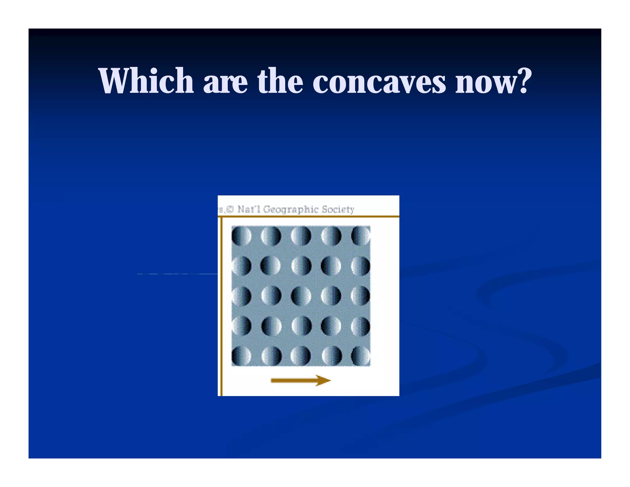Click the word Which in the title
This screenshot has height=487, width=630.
[x=146, y=81]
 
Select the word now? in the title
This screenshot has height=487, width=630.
[x=493, y=81]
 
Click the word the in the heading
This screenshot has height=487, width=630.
[x=280, y=81]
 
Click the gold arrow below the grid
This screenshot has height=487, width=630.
[x=301, y=380]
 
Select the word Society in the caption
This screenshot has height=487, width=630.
[x=338, y=210]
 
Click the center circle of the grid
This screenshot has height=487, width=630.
[x=301, y=296]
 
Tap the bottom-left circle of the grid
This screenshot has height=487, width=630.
[x=241, y=356]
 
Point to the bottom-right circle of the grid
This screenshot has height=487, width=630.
[x=361, y=356]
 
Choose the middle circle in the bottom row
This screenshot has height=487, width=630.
[x=301, y=356]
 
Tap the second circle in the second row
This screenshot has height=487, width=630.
[x=271, y=266]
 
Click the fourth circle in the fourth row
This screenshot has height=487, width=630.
[x=331, y=326]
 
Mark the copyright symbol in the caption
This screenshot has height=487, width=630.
[x=230, y=210]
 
